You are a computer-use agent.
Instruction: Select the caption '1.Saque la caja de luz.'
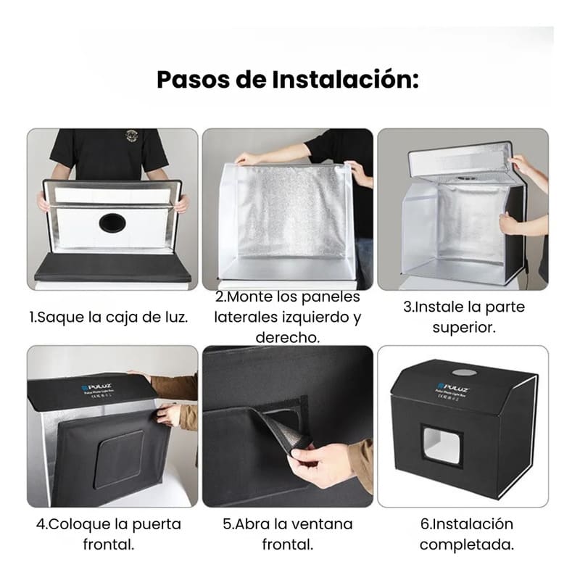[x=112, y=318]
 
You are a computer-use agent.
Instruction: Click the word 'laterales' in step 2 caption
[x=252, y=318]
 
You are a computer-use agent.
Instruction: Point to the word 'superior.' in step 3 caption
[x=464, y=327]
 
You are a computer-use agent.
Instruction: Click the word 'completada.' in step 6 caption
[x=466, y=544]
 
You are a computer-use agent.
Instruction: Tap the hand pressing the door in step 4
[x=168, y=415]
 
